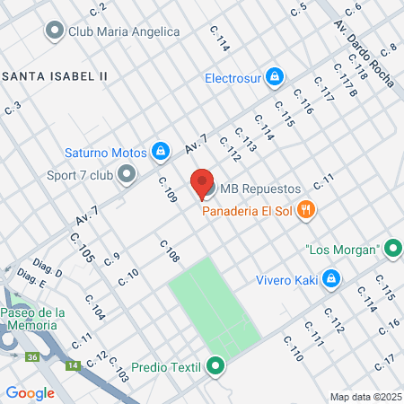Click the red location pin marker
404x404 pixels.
(202, 182)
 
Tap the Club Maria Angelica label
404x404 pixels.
(124, 31)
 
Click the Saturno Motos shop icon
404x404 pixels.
(160, 151)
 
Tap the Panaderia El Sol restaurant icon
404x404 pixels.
(305, 211)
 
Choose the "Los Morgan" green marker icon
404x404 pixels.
(391, 249)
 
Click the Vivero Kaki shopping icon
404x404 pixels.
(330, 278)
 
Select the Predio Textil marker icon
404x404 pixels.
(215, 366)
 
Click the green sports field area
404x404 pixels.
(214, 305)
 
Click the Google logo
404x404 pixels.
(30, 392)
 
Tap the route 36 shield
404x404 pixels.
(32, 357)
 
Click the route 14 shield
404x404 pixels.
(73, 365)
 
